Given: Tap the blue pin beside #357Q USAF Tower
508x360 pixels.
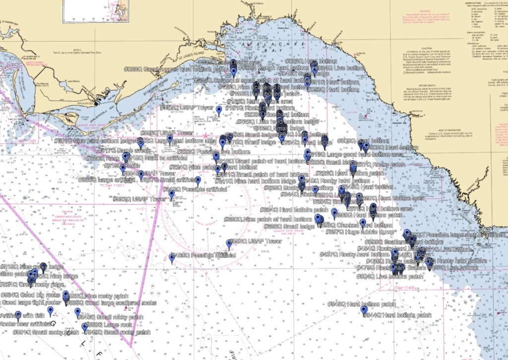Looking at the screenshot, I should (219, 110).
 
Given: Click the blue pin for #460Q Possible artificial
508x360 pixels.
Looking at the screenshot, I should (173, 258).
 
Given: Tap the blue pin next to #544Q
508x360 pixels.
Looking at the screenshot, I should (364, 310).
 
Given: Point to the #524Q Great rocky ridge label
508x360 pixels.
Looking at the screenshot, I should (33, 285).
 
